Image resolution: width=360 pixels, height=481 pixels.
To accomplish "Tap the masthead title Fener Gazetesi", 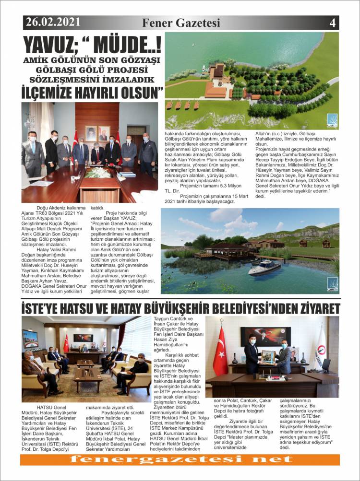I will pyautogui.click(x=181, y=23).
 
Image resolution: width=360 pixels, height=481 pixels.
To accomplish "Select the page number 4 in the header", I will pyautogui.click(x=332, y=23).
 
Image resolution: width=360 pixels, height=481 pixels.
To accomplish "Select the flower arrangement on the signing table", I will pyautogui.click(x=98, y=173).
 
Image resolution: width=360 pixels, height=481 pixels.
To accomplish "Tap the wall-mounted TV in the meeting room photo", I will pyautogui.click(x=30, y=338).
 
